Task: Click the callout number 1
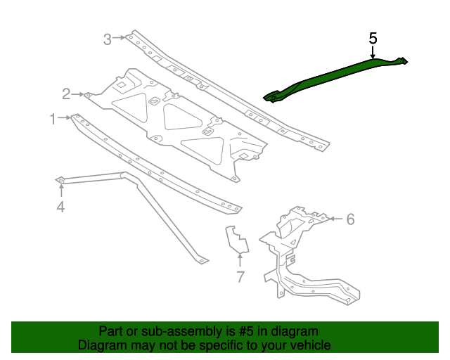click(x=53, y=120)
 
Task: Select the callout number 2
click(x=66, y=94)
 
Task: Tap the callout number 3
click(x=108, y=39)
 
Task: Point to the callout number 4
click(x=60, y=206)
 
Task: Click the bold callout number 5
click(x=373, y=38)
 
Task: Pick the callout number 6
click(x=350, y=219)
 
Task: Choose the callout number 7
click(x=240, y=276)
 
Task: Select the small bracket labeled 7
click(x=236, y=239)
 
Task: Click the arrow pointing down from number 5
click(x=373, y=51)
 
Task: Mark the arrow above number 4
click(x=60, y=191)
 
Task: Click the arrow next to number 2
click(x=79, y=94)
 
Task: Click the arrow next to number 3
click(x=121, y=38)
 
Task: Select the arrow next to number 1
click(x=65, y=119)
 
